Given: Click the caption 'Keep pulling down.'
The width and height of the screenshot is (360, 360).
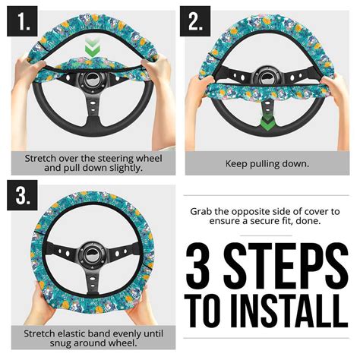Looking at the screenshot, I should coord(267,163).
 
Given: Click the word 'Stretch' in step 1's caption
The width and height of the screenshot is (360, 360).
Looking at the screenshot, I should coord(43,158).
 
